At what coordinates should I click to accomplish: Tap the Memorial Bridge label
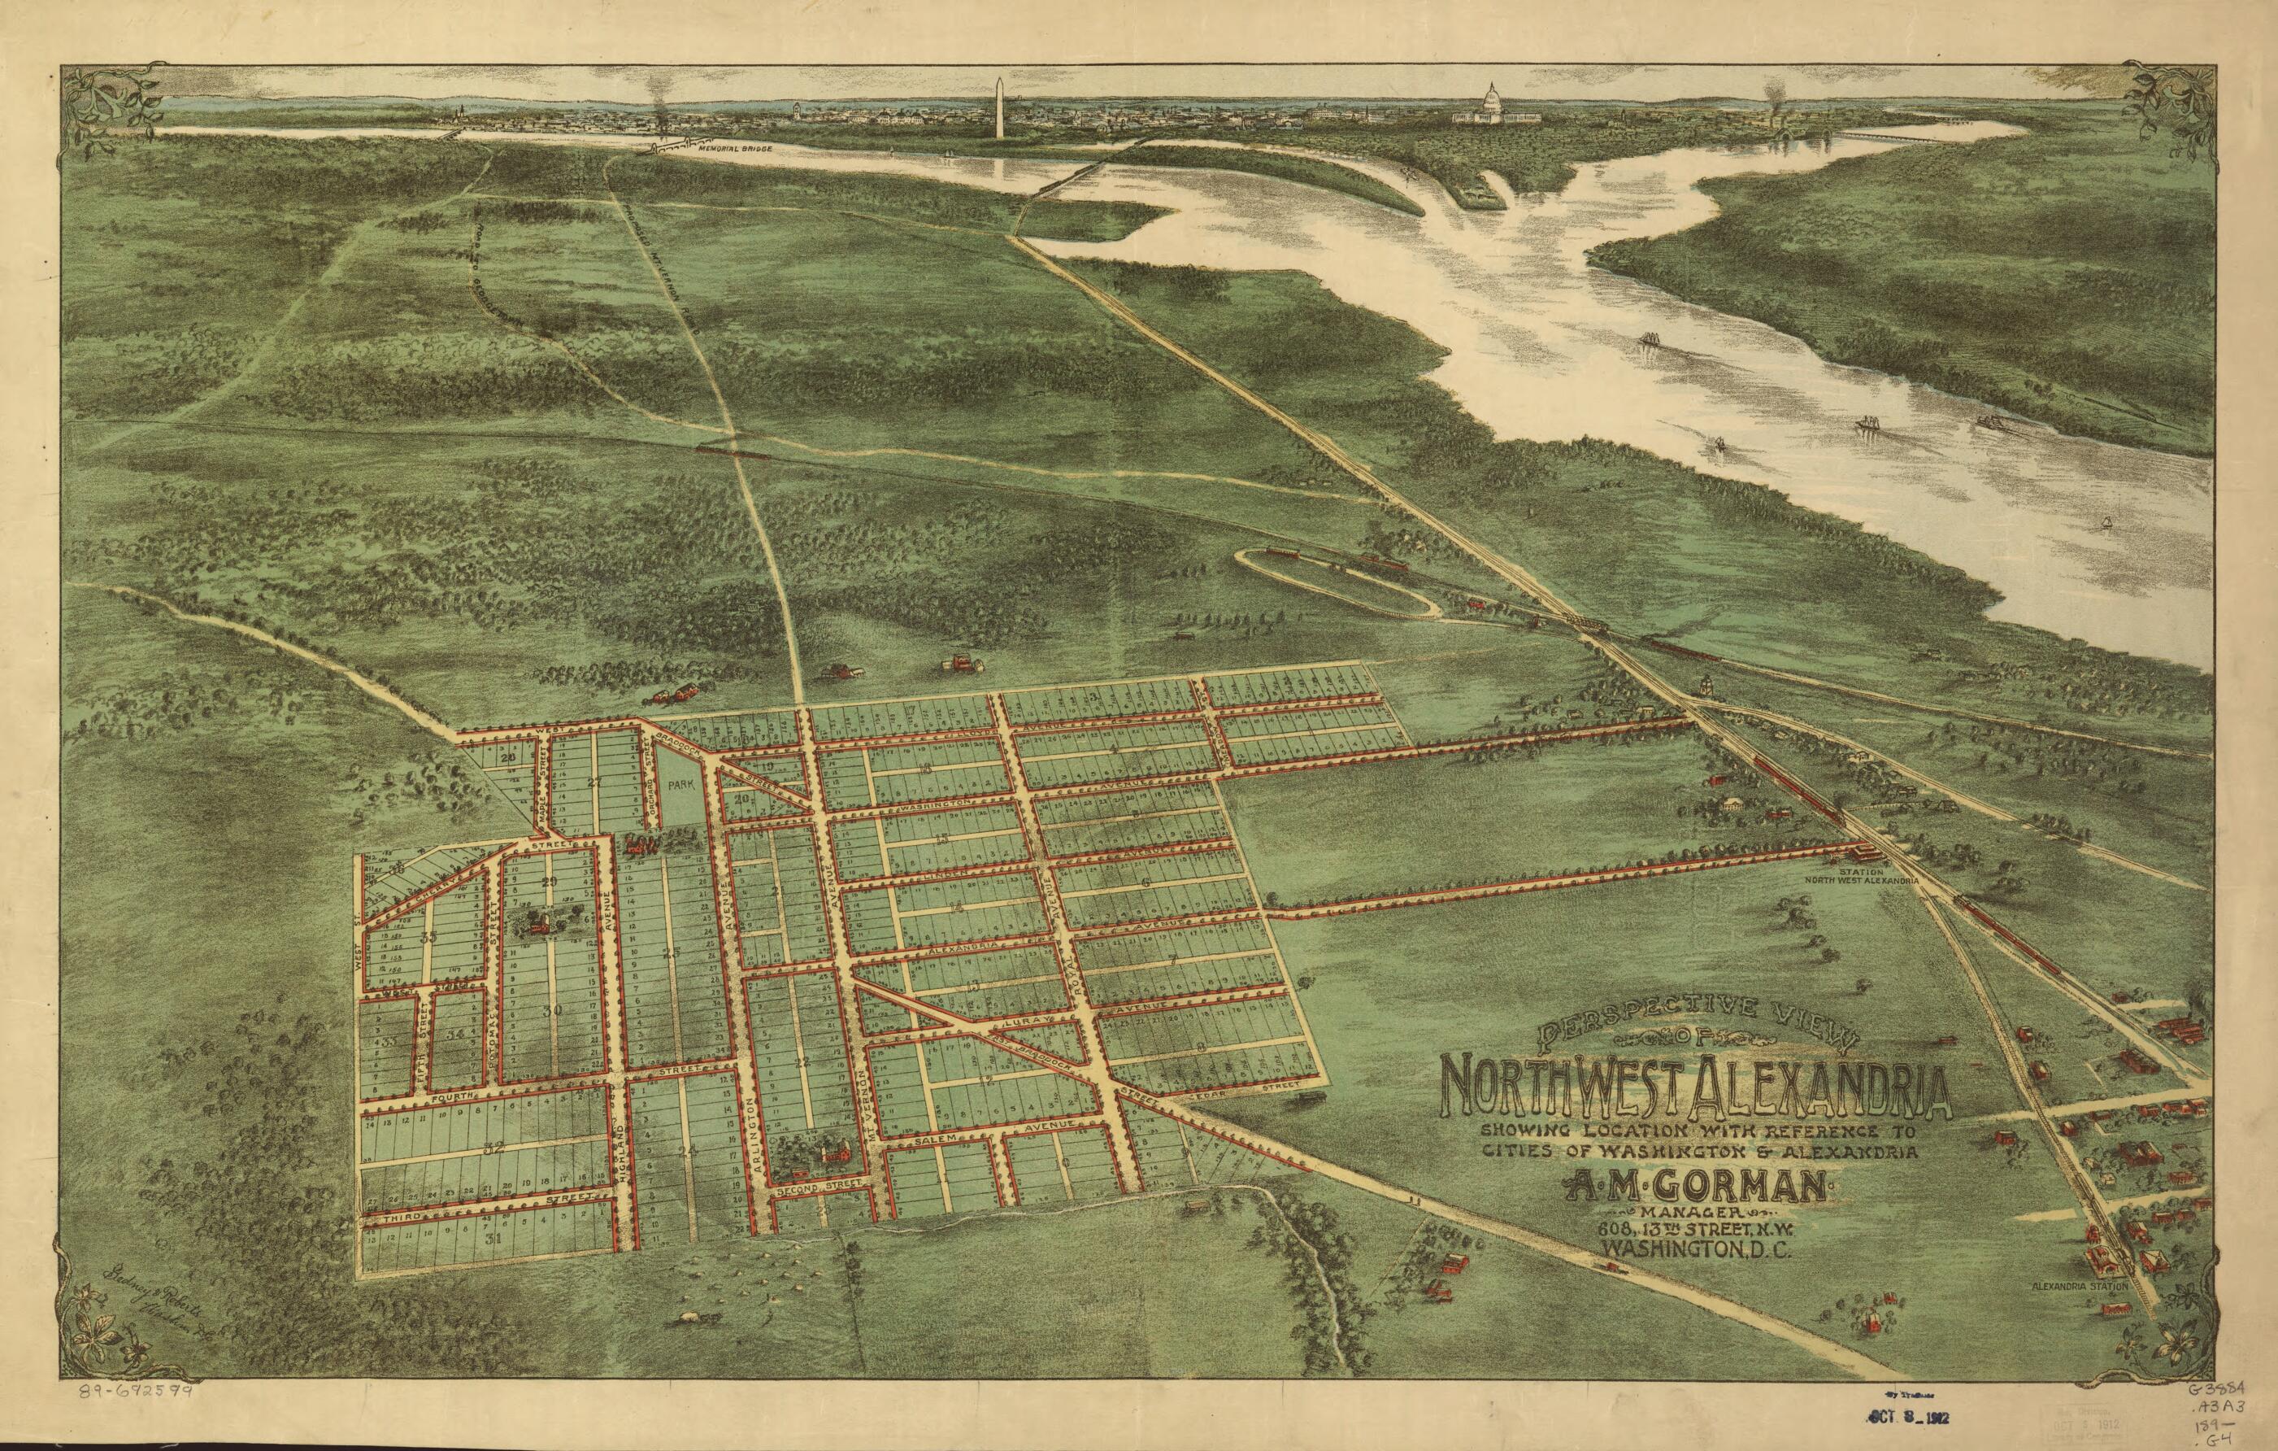(733, 150)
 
